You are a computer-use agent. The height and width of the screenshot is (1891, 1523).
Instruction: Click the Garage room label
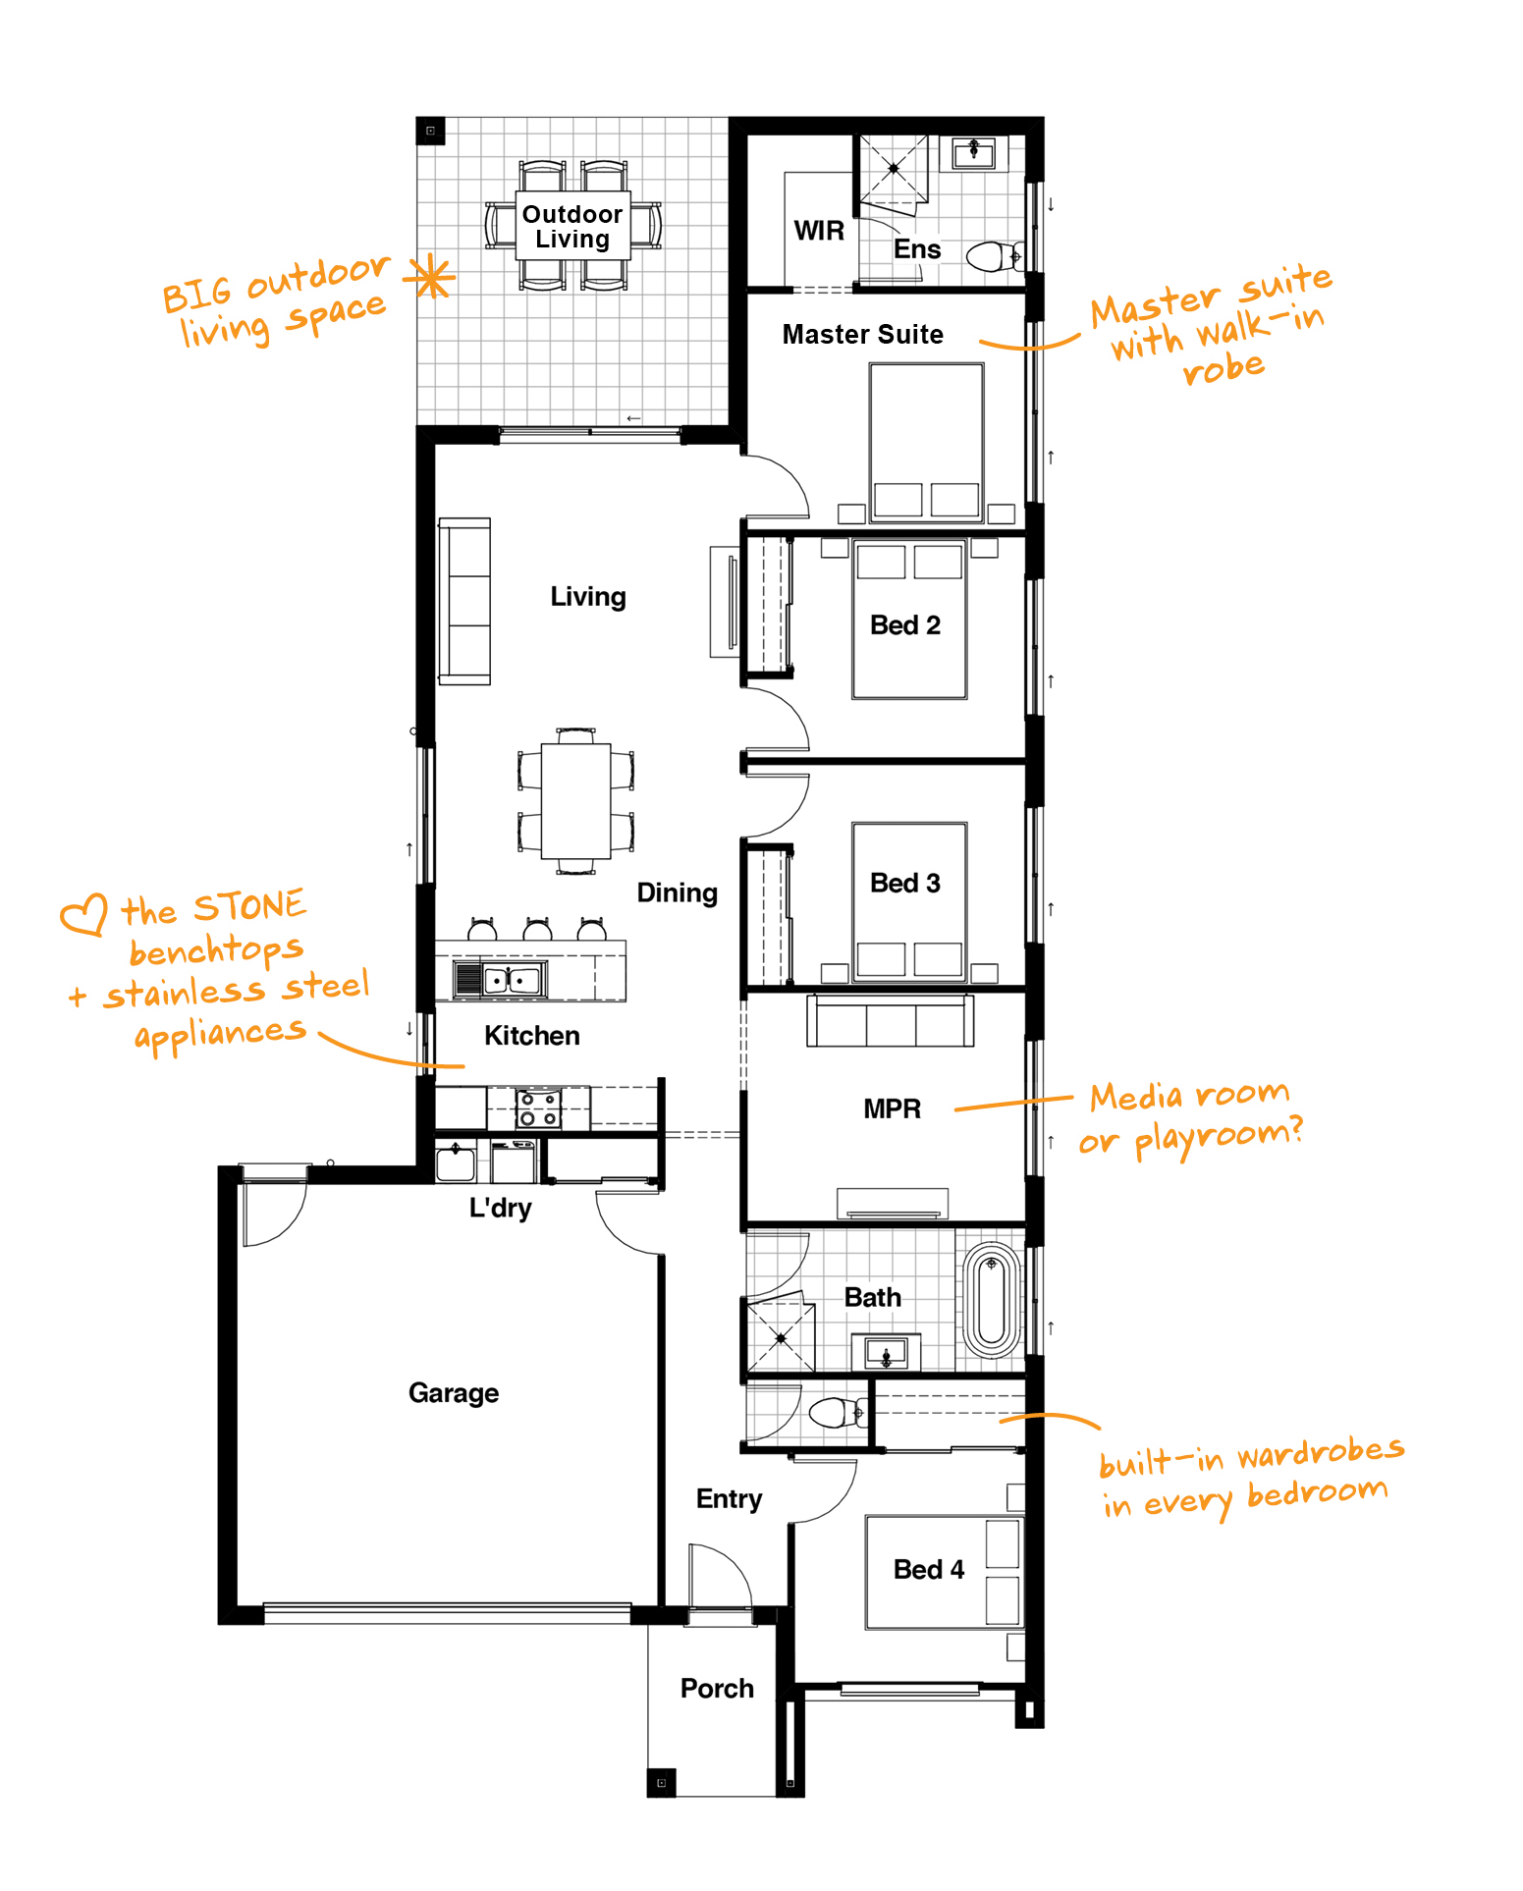pos(454,1393)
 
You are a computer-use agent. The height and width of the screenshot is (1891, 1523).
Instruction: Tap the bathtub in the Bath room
pos(992,1301)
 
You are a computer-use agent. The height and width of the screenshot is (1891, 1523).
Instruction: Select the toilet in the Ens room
pos(995,257)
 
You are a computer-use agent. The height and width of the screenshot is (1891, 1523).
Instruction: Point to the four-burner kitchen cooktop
pos(539,1109)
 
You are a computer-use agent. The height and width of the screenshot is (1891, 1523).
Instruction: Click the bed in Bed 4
pos(944,1572)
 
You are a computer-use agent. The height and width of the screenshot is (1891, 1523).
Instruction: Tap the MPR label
pos(892,1108)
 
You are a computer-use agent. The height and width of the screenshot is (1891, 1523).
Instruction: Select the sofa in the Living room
pos(464,601)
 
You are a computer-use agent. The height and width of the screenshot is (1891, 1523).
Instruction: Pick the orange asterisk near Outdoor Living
pos(431,277)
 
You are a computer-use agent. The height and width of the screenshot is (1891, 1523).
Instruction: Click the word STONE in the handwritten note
pos(249,906)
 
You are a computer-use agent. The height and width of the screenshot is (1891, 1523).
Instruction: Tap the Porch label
pos(717,1689)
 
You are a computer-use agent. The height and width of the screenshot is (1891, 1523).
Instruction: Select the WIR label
pos(819,231)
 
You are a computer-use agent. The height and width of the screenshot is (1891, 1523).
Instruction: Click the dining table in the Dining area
pos(576,801)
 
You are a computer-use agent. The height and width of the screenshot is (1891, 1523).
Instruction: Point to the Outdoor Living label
pos(572,227)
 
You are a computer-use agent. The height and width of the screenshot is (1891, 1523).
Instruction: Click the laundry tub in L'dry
pos(456,1162)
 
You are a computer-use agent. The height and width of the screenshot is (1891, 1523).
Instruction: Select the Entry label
pos(729,1499)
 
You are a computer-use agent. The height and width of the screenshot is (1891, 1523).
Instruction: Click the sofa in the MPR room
pos(891,1020)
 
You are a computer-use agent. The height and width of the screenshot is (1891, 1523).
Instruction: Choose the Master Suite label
pos(862,335)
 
